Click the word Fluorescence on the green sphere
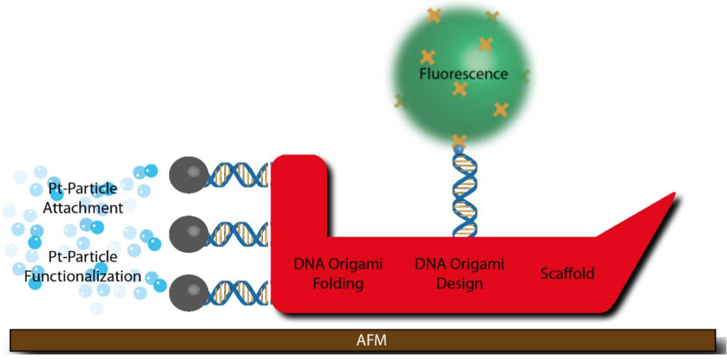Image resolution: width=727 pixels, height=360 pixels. point(463,74)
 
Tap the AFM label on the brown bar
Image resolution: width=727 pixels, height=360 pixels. point(371,341)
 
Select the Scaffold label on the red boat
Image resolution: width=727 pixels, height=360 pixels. point(567,273)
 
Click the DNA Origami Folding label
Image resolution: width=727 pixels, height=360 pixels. point(338,273)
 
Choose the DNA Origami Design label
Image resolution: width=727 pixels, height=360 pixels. point(460,273)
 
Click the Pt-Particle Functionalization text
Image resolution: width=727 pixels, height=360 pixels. point(83,267)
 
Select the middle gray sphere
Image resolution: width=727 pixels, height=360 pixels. point(189,234)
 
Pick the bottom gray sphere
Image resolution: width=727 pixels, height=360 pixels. point(189,292)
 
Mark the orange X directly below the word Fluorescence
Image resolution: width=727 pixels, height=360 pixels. point(460,89)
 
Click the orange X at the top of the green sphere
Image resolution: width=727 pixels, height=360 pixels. point(434,15)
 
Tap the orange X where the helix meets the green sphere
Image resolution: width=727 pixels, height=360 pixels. point(458,141)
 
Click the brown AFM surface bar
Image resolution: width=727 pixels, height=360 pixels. point(178,341)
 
